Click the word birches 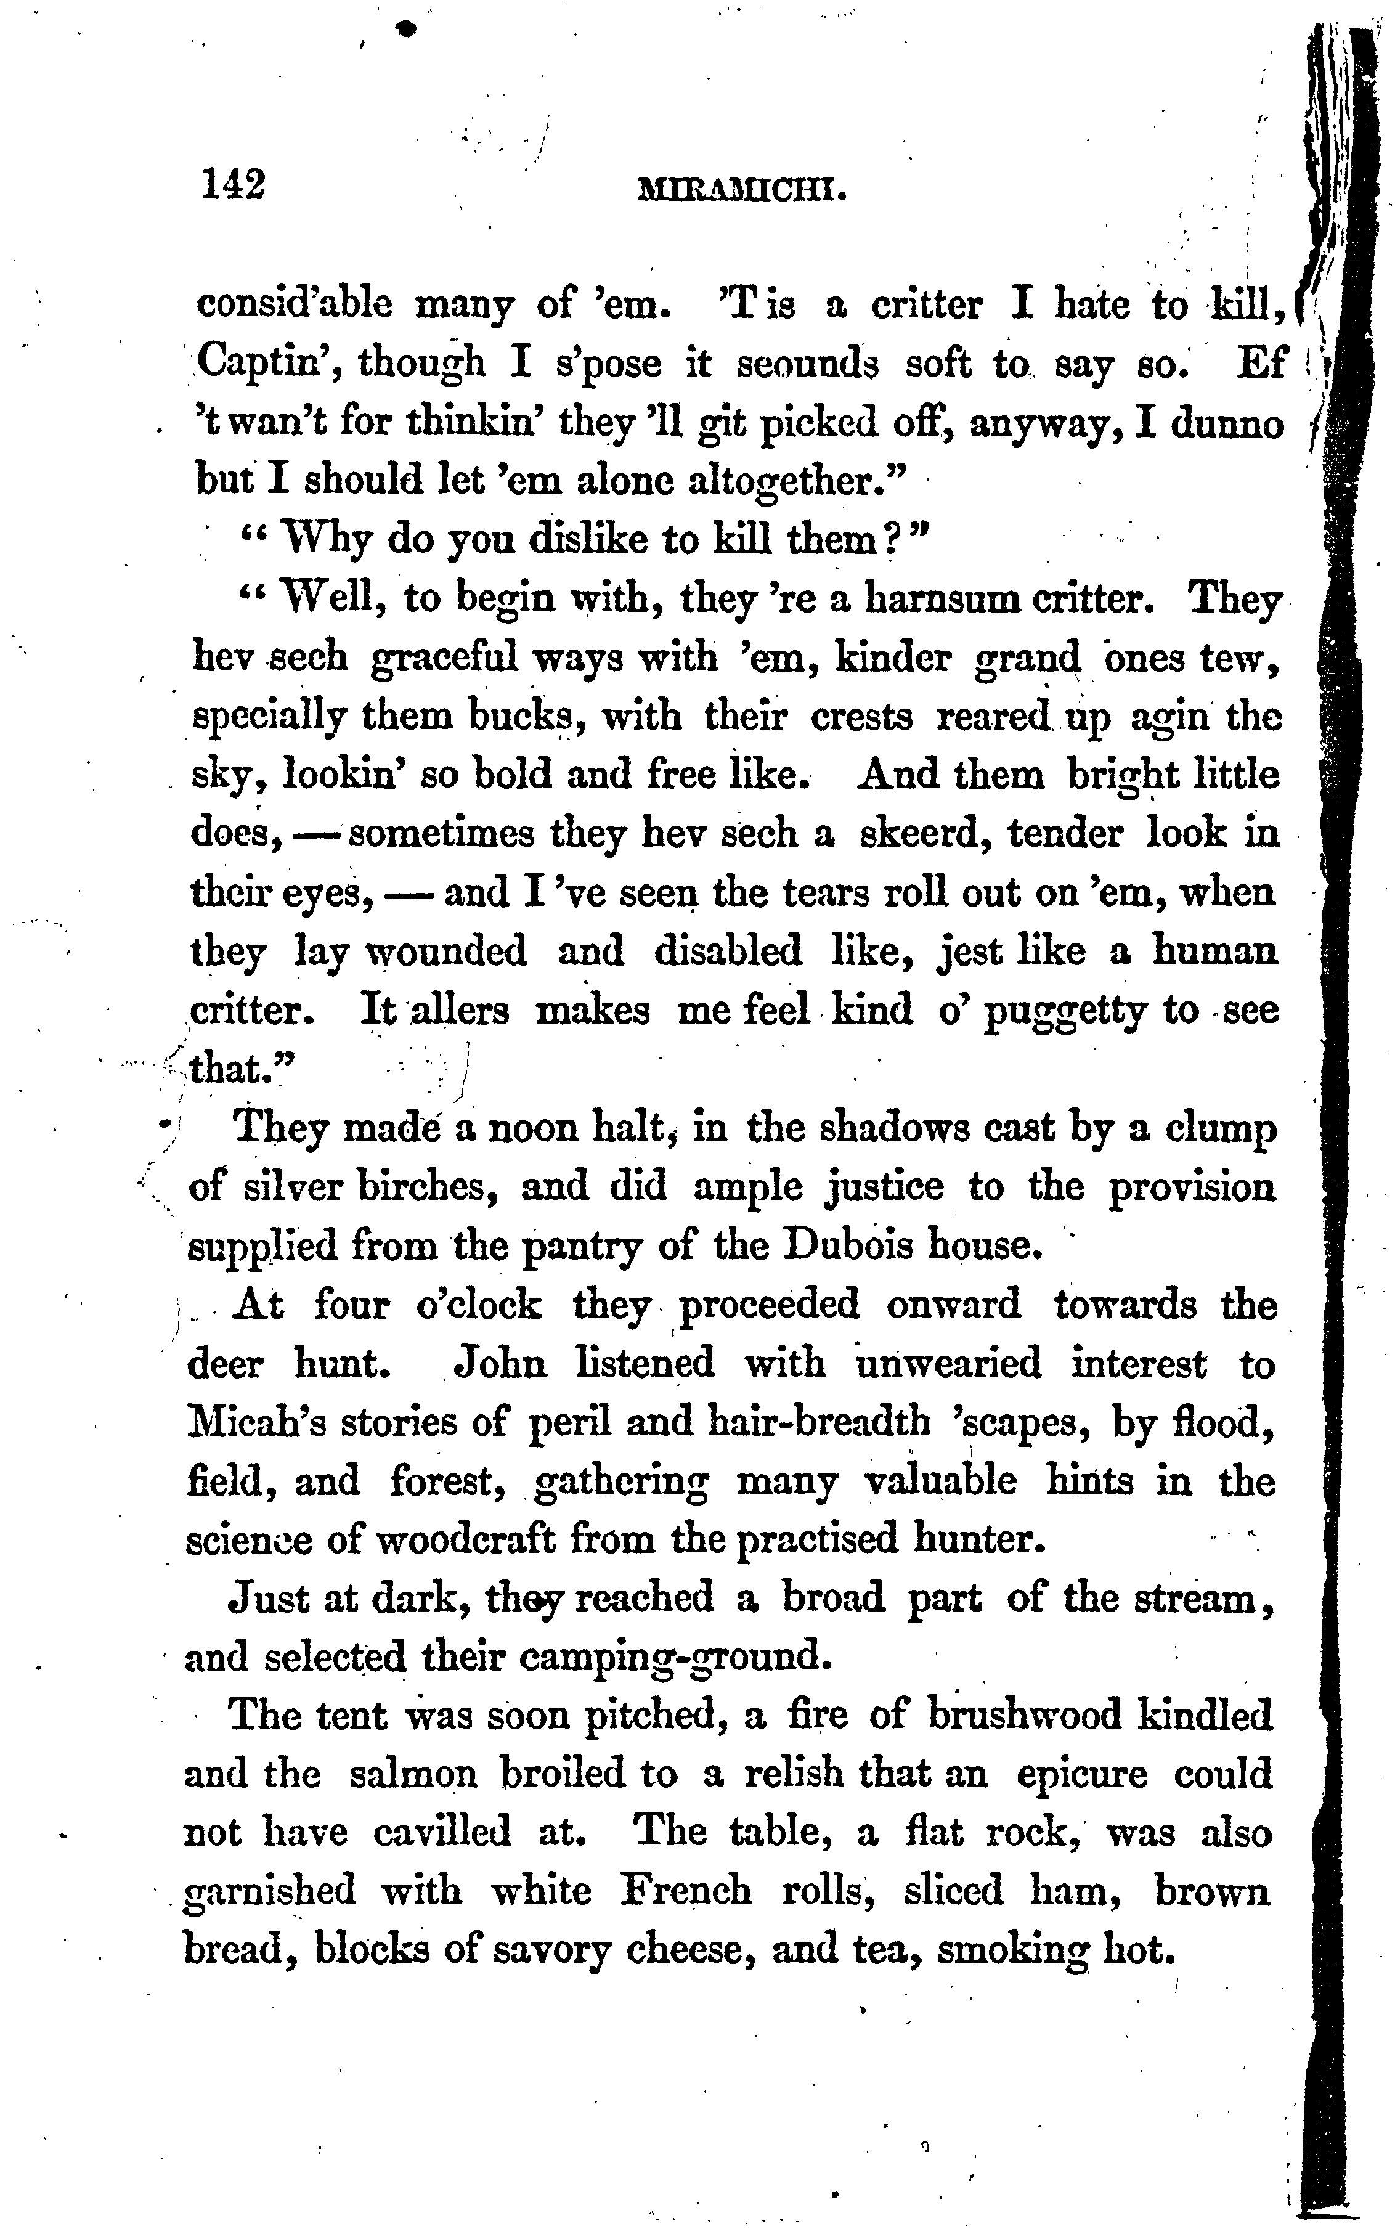tap(428, 1188)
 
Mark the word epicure tap(1081, 1776)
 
